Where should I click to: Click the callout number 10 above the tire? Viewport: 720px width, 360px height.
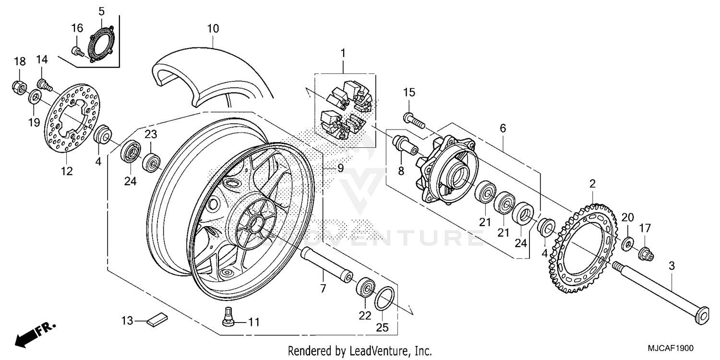pyautogui.click(x=213, y=29)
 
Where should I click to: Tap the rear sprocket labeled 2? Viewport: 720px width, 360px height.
pyautogui.click(x=571, y=250)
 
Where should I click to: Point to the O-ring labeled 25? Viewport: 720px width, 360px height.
pyautogui.click(x=384, y=300)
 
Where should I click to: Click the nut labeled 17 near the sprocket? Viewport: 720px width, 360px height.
pyautogui.click(x=646, y=254)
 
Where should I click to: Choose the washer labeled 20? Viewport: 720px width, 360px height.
pyautogui.click(x=628, y=244)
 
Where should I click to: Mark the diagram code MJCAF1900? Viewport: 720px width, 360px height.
pyautogui.click(x=672, y=348)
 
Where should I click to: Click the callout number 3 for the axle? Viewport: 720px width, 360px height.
pyautogui.click(x=672, y=265)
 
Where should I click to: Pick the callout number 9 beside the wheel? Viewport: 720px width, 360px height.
pyautogui.click(x=340, y=168)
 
